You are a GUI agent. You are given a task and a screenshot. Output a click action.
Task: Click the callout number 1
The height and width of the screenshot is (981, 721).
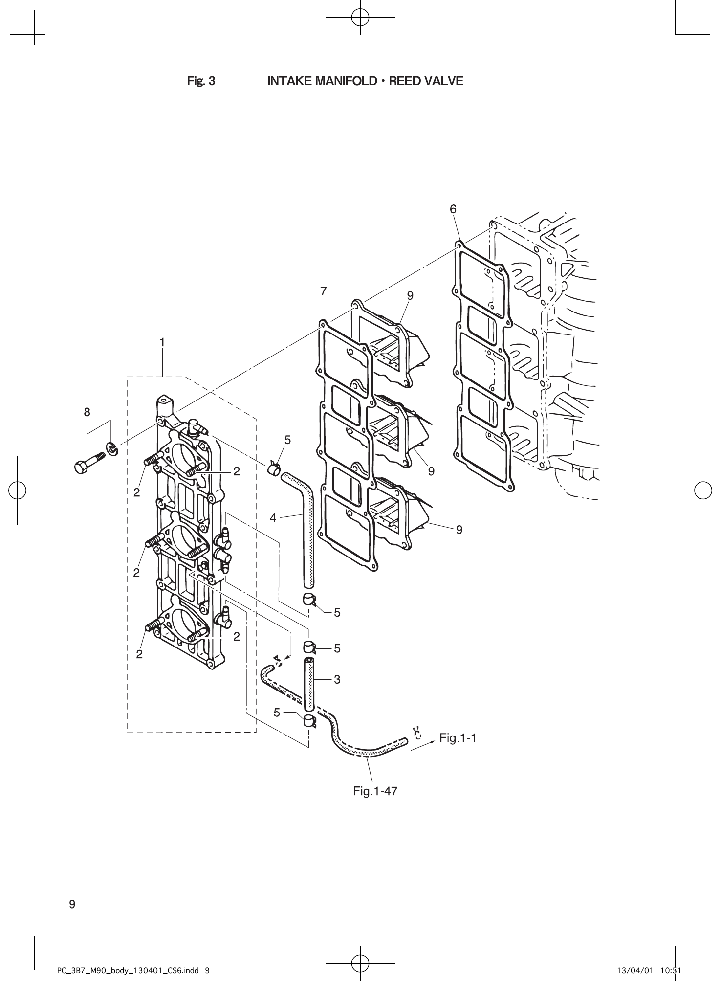coord(162,343)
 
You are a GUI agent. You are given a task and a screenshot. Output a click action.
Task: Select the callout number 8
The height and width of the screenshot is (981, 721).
coord(87,412)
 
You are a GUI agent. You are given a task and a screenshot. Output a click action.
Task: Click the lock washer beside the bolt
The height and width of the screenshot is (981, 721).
coord(112,448)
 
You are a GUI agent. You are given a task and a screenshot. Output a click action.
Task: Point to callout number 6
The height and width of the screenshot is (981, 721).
coord(453,209)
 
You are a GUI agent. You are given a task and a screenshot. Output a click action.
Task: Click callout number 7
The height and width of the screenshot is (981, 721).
coord(323,291)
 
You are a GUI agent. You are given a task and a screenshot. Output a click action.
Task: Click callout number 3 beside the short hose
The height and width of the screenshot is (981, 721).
coord(337,679)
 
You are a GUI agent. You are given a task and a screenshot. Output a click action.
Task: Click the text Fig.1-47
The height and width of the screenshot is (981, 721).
coord(375,791)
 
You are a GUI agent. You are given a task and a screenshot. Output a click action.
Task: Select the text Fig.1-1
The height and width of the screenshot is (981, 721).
coord(458,738)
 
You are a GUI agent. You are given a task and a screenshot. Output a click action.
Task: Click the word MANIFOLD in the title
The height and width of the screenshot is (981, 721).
coord(345,81)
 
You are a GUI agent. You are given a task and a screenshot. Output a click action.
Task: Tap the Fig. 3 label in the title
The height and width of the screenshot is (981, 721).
coord(201,81)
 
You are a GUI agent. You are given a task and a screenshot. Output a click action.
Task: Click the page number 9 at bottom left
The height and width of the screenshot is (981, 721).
coord(72,904)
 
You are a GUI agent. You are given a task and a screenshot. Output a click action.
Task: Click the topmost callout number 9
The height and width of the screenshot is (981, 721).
coord(410,296)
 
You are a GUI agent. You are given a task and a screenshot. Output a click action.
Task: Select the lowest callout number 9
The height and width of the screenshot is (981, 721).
coord(459,529)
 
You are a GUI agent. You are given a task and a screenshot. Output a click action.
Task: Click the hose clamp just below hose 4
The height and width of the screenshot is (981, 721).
coord(309,599)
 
